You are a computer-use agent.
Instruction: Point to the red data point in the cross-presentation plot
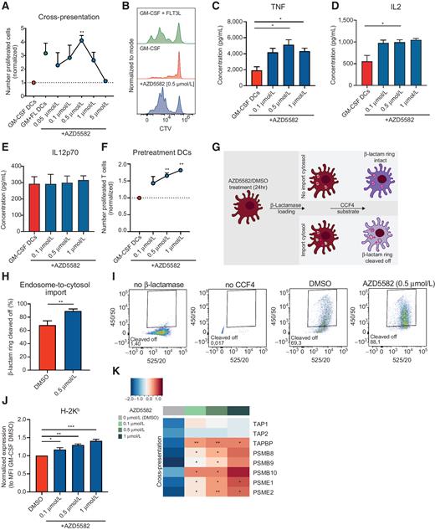click(x=33, y=83)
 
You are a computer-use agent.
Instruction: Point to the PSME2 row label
click(x=270, y=517)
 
